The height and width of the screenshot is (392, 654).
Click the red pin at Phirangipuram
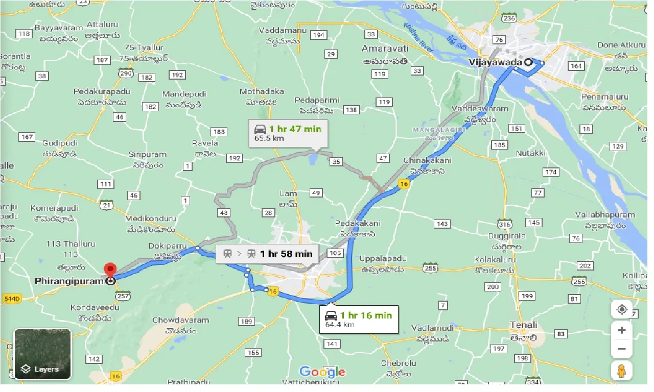pos(110,270)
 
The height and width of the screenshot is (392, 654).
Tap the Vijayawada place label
pos(495,62)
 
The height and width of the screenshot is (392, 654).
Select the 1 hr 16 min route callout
pos(359,319)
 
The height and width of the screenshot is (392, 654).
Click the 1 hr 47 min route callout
pos(288,133)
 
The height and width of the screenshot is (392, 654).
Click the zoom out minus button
pos(621,349)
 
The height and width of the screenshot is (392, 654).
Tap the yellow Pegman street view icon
pos(621,371)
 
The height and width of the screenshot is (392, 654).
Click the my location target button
pos(621,309)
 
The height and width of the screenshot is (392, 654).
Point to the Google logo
pos(322,372)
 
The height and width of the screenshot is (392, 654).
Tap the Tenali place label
pos(523,325)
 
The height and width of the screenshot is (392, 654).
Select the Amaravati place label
pos(384,48)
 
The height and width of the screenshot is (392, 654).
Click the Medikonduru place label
pos(151,218)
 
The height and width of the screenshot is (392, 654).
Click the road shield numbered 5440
pos(12,298)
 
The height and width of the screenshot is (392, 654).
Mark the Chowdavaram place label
pos(180,320)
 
